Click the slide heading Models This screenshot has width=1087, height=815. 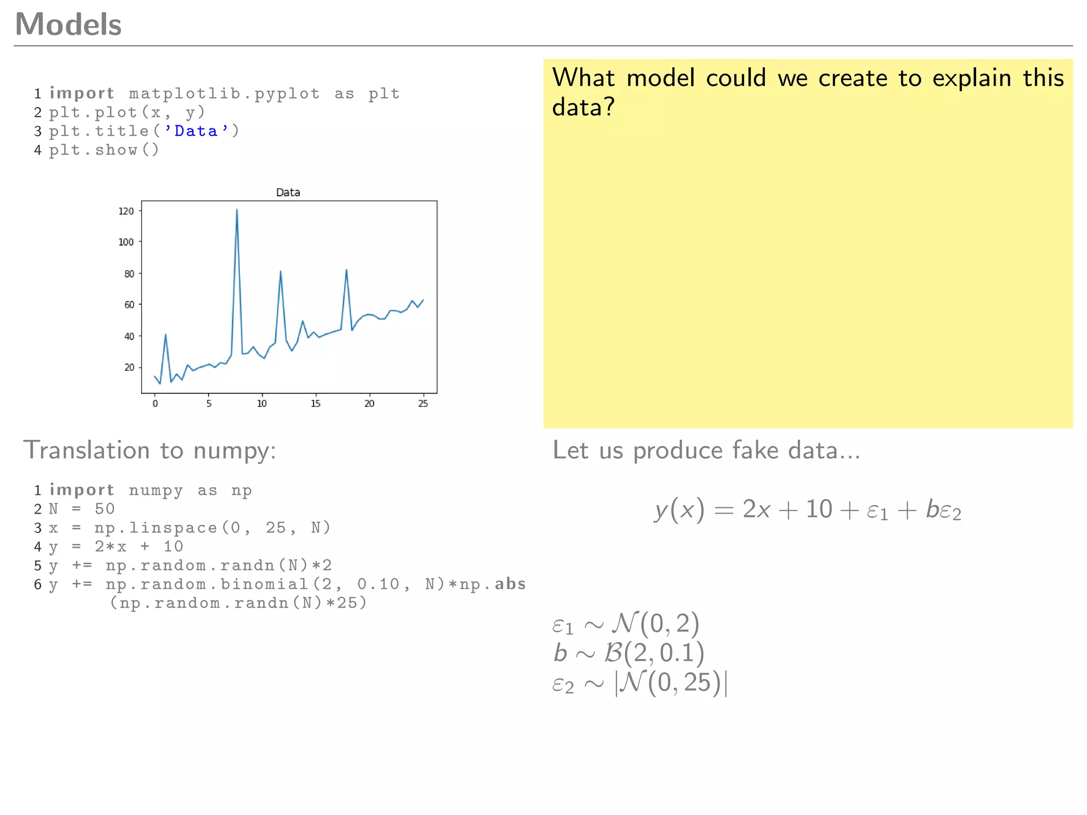click(x=68, y=24)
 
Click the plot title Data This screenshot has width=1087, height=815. click(x=288, y=193)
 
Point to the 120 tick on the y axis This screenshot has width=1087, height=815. click(x=126, y=211)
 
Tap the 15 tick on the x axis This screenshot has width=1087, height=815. click(x=315, y=403)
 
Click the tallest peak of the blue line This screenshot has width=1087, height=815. click(x=237, y=210)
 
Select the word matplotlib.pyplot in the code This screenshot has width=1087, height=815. click(x=224, y=94)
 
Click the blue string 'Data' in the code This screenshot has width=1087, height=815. click(x=196, y=131)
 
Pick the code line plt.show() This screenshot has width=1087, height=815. click(x=104, y=150)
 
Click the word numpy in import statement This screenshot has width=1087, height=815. click(x=156, y=490)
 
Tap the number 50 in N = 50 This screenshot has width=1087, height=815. click(x=105, y=509)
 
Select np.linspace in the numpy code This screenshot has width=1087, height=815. click(x=156, y=528)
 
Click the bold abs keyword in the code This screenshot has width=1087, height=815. click(x=510, y=584)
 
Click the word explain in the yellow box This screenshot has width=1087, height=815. click(x=972, y=79)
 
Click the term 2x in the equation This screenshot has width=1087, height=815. click(x=756, y=509)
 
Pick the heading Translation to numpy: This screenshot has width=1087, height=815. click(x=150, y=450)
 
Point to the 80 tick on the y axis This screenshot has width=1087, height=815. click(x=129, y=274)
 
